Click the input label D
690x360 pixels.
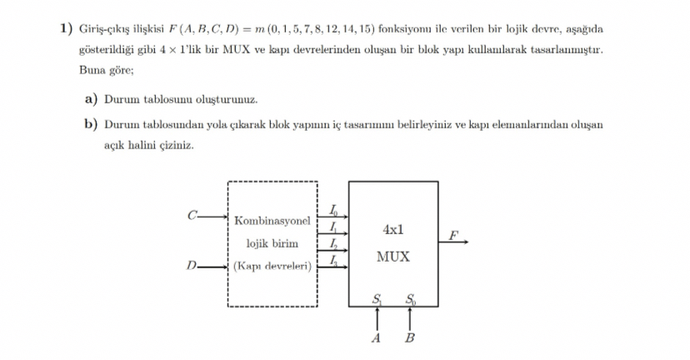(192, 267)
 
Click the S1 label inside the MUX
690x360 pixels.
(377, 300)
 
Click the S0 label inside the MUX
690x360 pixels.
(411, 300)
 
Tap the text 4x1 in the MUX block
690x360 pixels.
(393, 228)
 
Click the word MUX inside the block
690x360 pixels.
(392, 257)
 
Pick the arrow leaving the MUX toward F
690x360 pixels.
(453, 242)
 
